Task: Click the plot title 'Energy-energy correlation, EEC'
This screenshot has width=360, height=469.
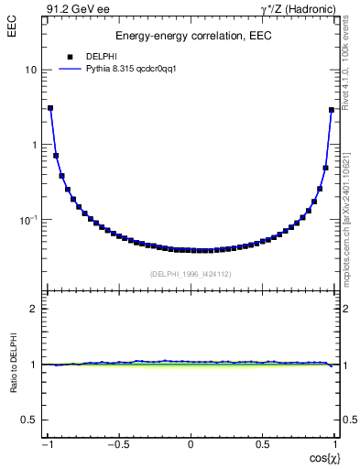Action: pos(191,36)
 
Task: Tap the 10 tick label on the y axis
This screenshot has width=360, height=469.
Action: pos(30,71)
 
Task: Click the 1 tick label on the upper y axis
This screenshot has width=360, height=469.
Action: pos(34,145)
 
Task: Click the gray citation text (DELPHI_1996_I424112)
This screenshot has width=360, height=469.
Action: pos(191,274)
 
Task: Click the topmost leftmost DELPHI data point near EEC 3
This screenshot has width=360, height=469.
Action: pos(50,108)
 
